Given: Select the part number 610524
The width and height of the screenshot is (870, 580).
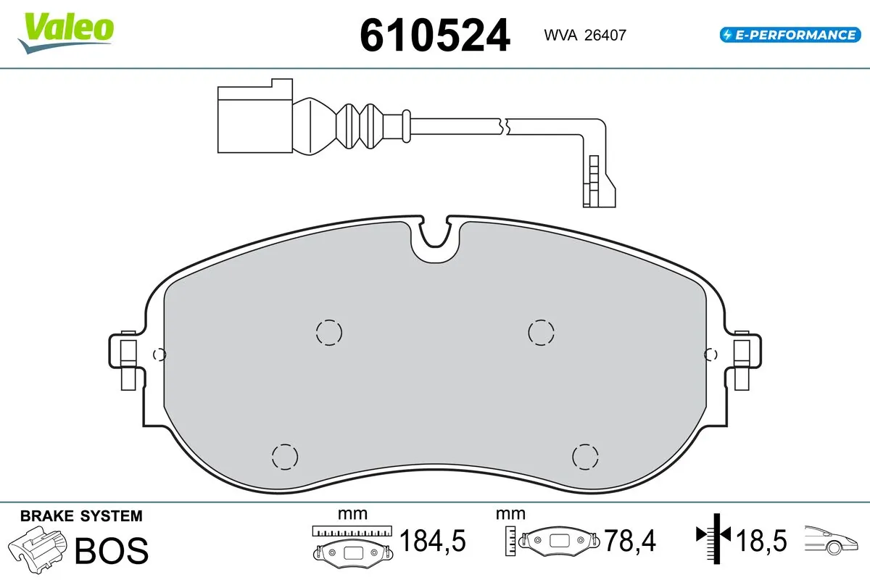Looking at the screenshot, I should [x=435, y=35].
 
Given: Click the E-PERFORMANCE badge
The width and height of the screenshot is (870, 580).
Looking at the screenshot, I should [x=789, y=34].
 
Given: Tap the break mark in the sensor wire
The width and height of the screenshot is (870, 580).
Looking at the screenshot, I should [x=505, y=125].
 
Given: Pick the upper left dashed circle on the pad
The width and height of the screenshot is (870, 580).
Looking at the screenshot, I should [x=328, y=332].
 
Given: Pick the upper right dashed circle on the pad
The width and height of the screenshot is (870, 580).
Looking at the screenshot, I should [x=541, y=332].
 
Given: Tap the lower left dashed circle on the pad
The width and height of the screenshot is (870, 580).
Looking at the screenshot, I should [x=284, y=456].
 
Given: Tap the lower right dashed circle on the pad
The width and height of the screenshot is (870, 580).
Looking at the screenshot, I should [x=584, y=456].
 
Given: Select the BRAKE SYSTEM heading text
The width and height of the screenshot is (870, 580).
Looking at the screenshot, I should [x=81, y=516].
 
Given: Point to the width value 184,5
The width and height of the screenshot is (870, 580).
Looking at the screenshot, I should [x=433, y=541].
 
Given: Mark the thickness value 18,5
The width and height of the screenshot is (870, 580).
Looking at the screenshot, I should [x=761, y=541].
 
